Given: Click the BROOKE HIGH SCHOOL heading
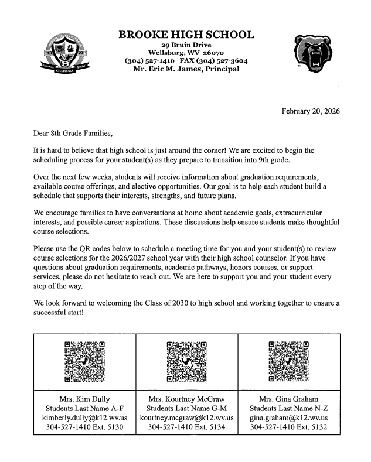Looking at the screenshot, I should (186, 35).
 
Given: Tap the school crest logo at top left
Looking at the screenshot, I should (61, 56).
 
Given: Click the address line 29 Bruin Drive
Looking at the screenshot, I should (186, 45).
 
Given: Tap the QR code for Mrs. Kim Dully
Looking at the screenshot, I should (85, 361).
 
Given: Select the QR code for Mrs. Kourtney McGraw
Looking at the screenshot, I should (187, 361).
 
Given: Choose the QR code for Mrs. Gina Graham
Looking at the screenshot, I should (288, 361).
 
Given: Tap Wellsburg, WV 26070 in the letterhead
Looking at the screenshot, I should (186, 53).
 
